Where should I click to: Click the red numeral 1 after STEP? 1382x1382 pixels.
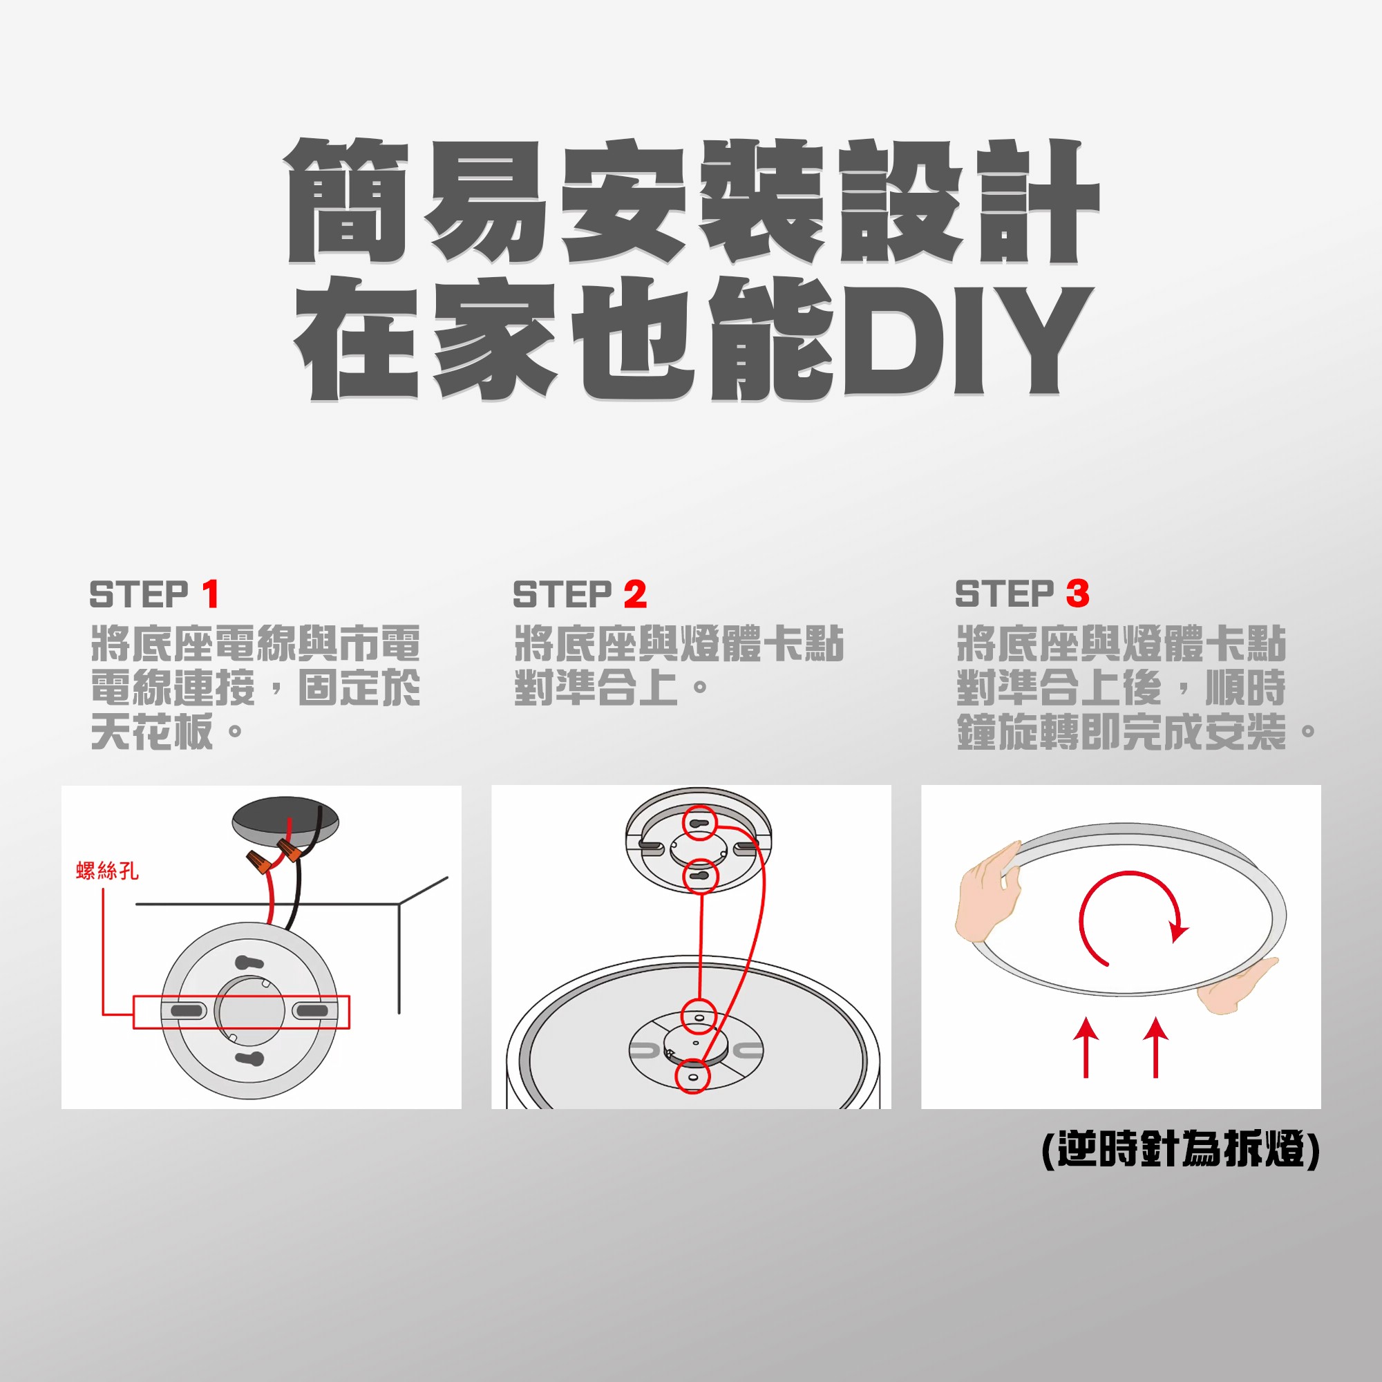point(210,594)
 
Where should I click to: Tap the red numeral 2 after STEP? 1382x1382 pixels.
point(635,594)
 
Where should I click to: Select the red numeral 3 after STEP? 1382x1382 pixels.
point(1077,594)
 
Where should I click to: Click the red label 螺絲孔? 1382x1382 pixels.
point(107,871)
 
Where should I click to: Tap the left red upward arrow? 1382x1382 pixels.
point(1086,1045)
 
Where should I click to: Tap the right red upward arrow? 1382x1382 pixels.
point(1155,1045)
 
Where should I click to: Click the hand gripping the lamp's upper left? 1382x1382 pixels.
point(989,892)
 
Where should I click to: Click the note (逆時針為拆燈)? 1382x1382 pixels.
point(1180,1150)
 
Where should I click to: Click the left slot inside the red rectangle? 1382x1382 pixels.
point(187,1011)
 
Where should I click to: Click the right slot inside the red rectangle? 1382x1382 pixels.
point(312,1011)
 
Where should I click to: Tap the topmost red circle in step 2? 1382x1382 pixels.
point(699,822)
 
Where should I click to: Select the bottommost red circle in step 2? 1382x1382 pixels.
point(692,1076)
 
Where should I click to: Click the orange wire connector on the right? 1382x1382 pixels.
point(290,851)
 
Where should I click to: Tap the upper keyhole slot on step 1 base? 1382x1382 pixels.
point(248,963)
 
